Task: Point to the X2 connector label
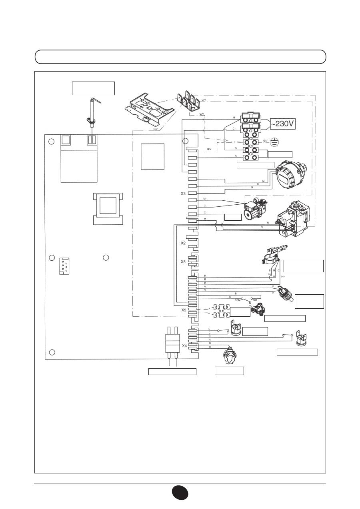tap(183, 243)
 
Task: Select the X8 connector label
tap(183, 261)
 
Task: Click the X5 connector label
tap(183, 310)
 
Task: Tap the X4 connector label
tap(184, 346)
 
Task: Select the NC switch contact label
tap(250, 305)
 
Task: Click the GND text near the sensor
tap(283, 276)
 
